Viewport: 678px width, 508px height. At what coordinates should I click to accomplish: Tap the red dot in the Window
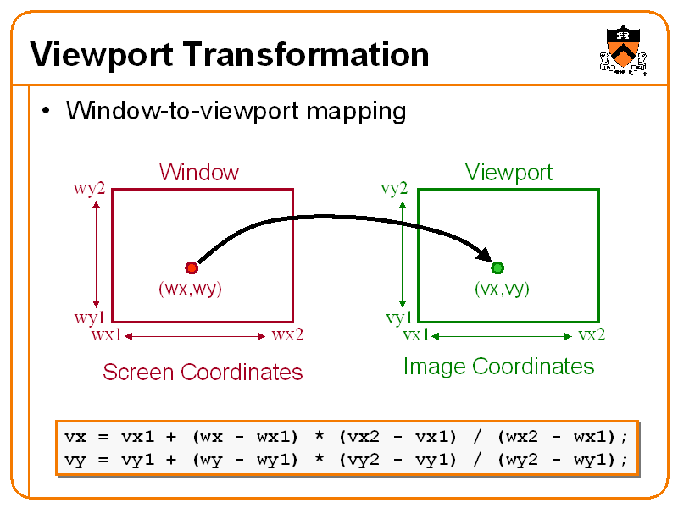[x=192, y=268]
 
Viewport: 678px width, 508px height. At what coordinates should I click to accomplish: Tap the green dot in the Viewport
[x=497, y=268]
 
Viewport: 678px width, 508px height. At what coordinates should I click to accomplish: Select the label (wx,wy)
[x=190, y=289]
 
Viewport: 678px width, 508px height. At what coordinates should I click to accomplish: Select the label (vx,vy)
[x=502, y=289]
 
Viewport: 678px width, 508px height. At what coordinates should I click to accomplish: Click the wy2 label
[x=89, y=188]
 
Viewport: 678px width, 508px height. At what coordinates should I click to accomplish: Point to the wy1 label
[x=89, y=318]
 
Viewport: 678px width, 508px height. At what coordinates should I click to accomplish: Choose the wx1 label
[x=106, y=335]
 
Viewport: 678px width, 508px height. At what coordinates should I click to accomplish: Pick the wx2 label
[x=287, y=335]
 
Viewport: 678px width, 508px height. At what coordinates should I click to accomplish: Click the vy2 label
[x=394, y=188]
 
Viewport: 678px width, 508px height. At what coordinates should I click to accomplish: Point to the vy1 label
[x=399, y=318]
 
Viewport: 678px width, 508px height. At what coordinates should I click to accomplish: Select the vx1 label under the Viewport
[x=416, y=335]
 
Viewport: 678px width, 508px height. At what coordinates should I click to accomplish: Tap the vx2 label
[x=592, y=335]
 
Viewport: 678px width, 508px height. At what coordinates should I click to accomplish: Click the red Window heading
[x=199, y=173]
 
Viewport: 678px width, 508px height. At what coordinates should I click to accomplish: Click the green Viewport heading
[x=508, y=173]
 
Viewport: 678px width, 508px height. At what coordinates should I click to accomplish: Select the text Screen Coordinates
[x=203, y=373]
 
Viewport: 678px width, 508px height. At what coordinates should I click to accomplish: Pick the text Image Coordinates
[x=498, y=367]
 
